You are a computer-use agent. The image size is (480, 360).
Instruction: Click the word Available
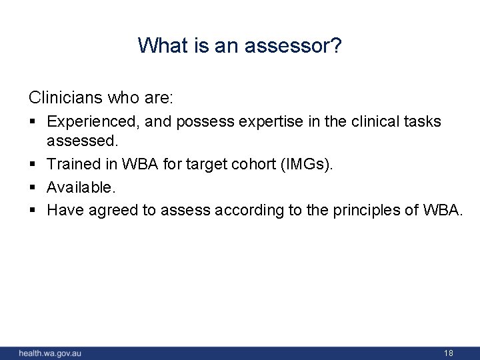(77, 187)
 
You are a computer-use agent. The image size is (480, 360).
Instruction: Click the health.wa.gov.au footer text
(49, 353)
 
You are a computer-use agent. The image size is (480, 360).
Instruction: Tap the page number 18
(448, 353)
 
